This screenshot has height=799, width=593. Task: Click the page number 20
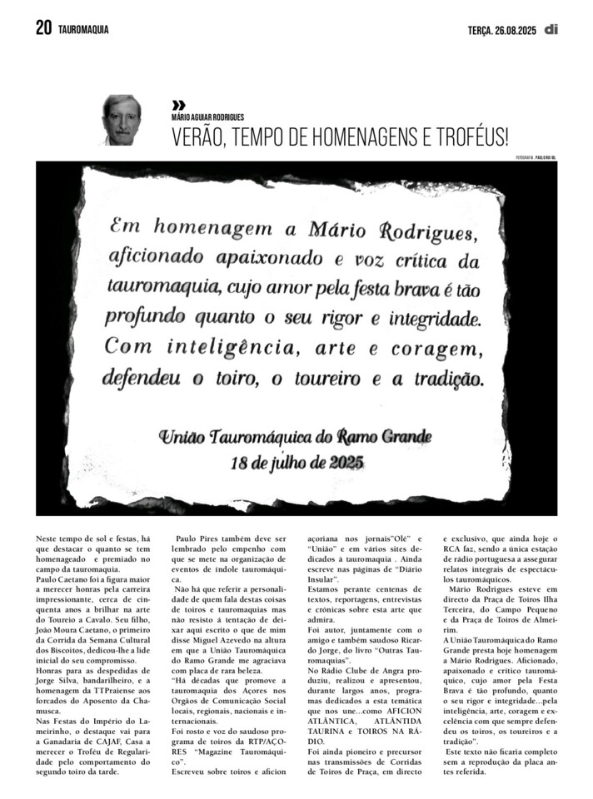pyautogui.click(x=44, y=29)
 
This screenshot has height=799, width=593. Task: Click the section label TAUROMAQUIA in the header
pyautogui.click(x=83, y=30)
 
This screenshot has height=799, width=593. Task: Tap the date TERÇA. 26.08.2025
pyautogui.click(x=501, y=30)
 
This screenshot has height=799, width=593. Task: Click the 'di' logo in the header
pyautogui.click(x=551, y=29)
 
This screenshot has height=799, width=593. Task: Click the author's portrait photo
pyautogui.click(x=122, y=120)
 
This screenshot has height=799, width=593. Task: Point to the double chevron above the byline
pyautogui.click(x=178, y=105)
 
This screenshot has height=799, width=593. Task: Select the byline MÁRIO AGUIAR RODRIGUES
pyautogui.click(x=207, y=118)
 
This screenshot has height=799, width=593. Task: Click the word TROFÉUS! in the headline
pyautogui.click(x=468, y=136)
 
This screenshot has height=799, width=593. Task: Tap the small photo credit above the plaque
pyautogui.click(x=536, y=157)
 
